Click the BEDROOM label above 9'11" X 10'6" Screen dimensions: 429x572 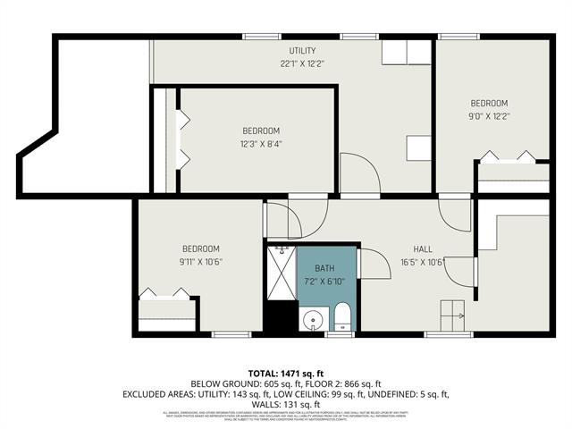point(200,248)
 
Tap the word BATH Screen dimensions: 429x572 point(323,267)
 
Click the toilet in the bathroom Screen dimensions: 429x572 point(341,315)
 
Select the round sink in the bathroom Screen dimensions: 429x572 point(313,320)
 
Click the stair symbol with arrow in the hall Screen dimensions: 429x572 point(451,313)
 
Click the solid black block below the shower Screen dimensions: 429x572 point(281,316)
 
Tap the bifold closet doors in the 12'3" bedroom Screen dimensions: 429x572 point(183,139)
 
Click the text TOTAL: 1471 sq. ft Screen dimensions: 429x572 point(285,372)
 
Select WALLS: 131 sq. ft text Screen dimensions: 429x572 point(286,404)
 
